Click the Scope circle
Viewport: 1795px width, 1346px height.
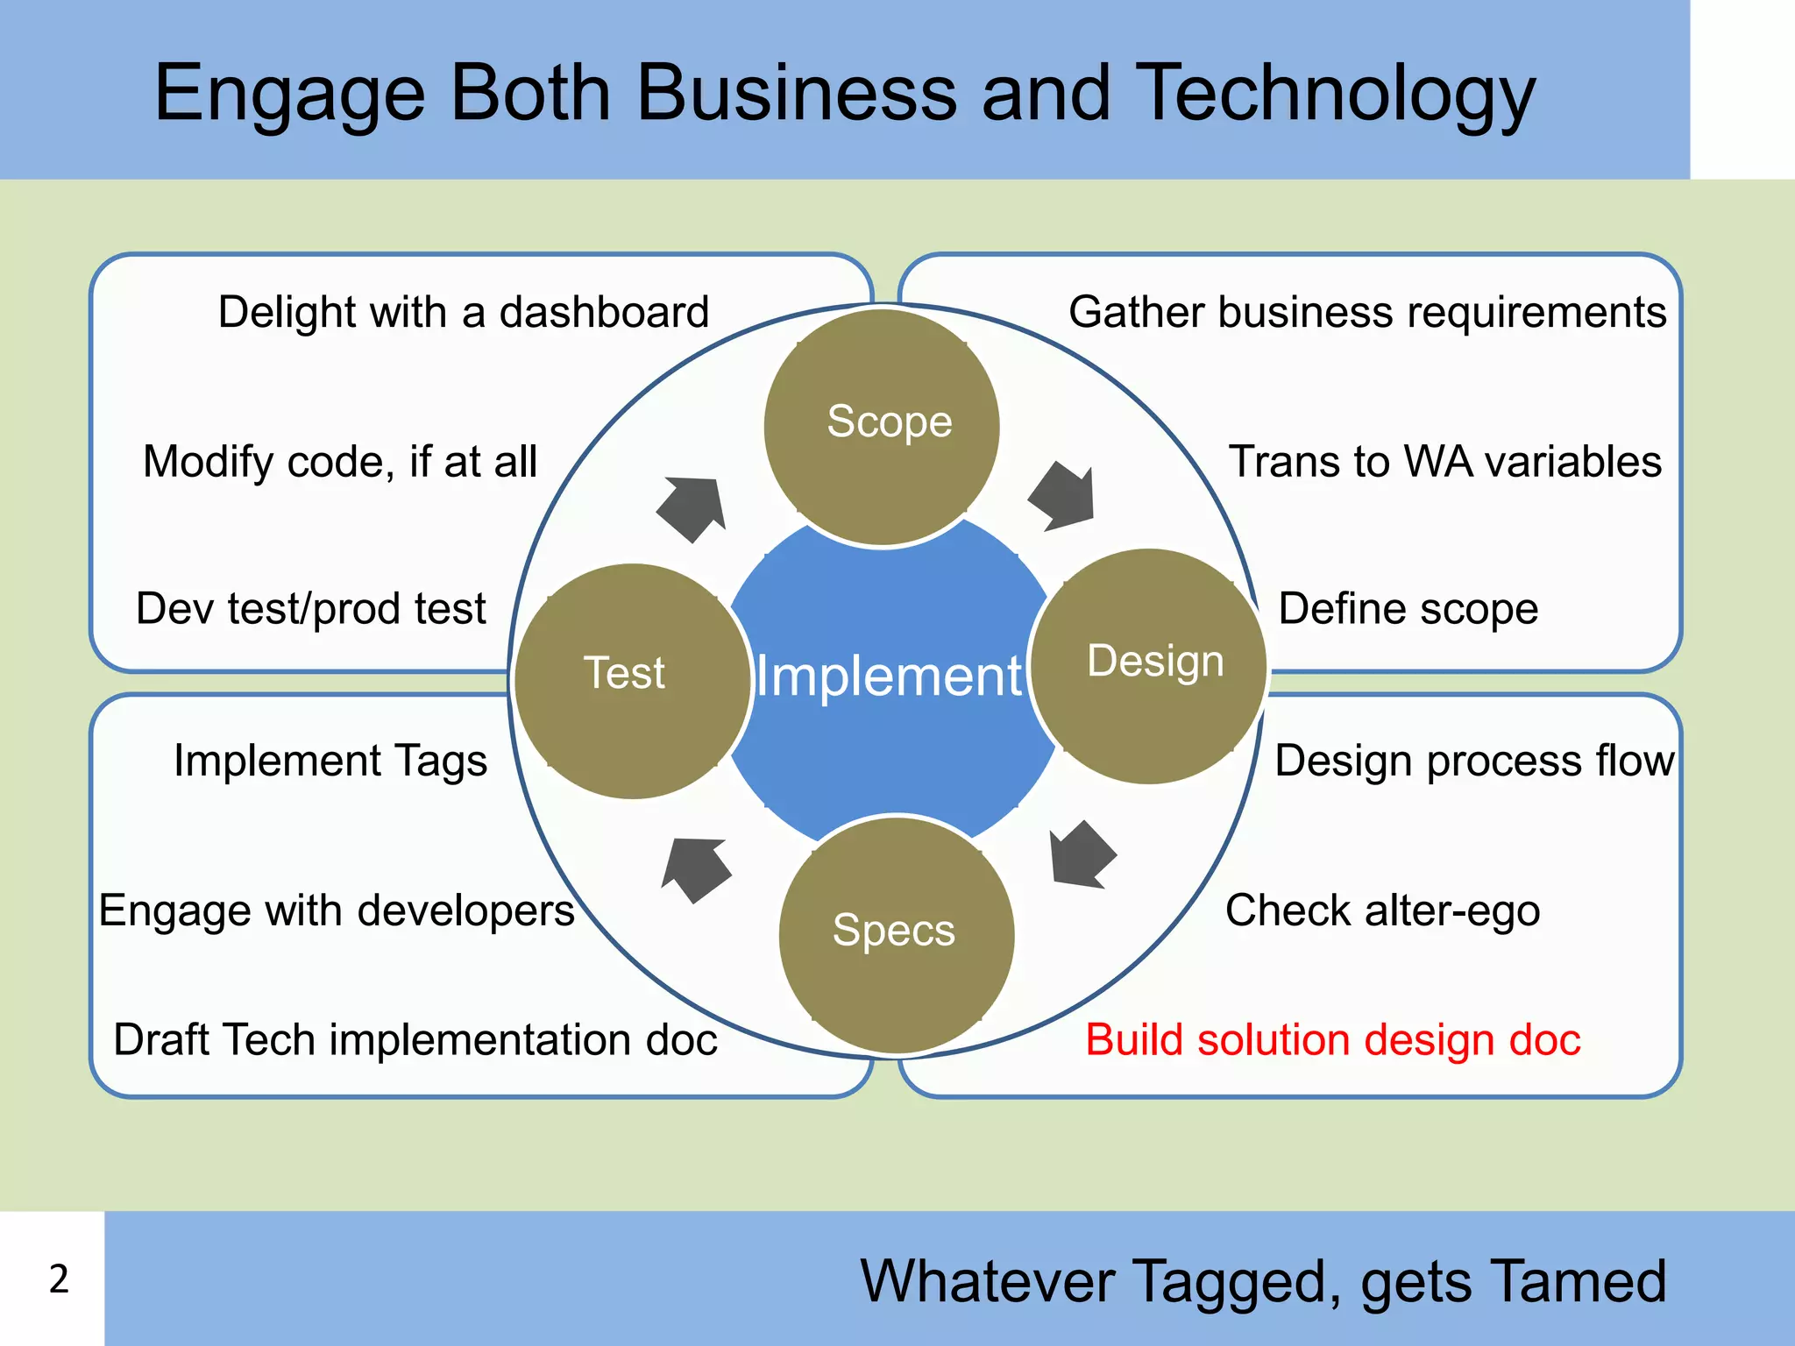point(882,427)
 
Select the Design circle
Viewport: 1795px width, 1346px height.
point(1149,665)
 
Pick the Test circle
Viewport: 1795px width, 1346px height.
point(631,680)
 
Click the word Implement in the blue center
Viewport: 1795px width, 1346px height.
point(889,677)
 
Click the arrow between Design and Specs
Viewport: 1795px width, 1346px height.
point(1081,855)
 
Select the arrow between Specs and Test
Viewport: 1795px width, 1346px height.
point(696,868)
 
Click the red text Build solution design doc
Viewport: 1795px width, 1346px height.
point(1332,1040)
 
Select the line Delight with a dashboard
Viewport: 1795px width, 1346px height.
point(463,313)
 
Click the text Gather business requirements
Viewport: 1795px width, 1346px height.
point(1366,313)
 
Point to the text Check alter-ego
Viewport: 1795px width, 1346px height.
point(1382,910)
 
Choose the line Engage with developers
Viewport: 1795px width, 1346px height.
point(337,910)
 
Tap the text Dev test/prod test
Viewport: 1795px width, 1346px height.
point(310,609)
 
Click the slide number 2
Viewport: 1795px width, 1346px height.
point(59,1279)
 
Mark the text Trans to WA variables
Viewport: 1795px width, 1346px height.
point(1444,462)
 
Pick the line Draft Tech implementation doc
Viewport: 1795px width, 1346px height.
point(415,1040)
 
